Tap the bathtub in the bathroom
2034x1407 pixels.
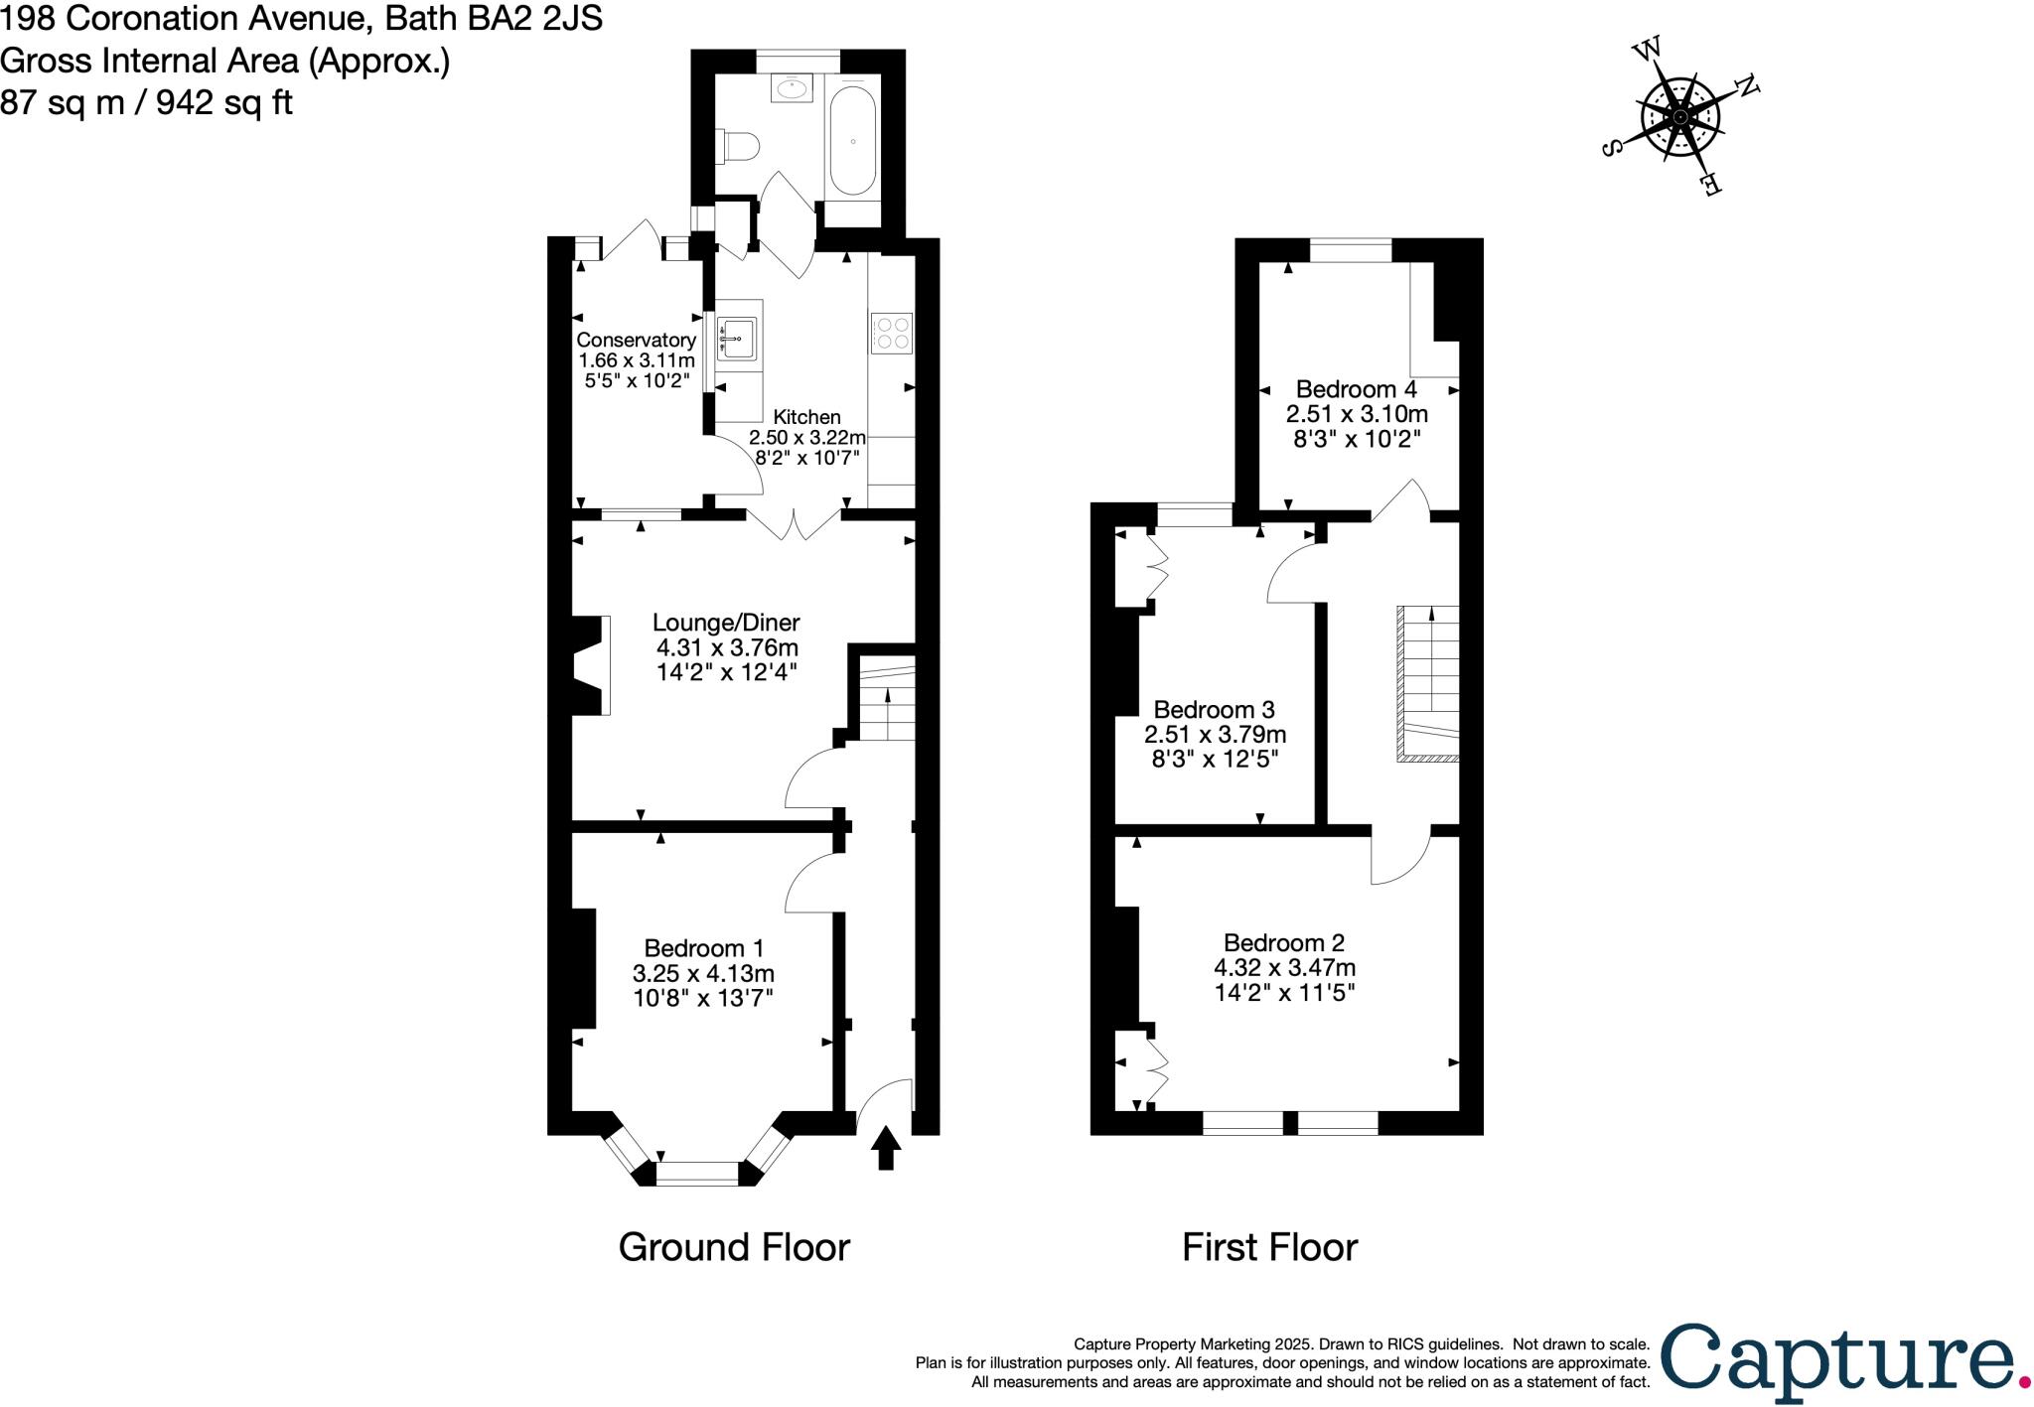[x=853, y=142]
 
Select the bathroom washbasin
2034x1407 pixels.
[x=793, y=87]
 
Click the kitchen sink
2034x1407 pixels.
[x=737, y=339]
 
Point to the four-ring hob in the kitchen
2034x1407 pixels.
[x=891, y=333]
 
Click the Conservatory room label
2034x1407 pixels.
[x=636, y=341]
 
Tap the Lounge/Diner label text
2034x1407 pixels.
[x=726, y=623]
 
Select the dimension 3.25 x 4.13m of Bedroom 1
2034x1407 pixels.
[x=703, y=973]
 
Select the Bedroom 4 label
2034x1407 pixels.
[x=1356, y=389]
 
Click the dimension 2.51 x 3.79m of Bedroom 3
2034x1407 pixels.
[x=1215, y=735]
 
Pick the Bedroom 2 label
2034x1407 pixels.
[x=1283, y=942]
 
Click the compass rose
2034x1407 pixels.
[x=1680, y=117]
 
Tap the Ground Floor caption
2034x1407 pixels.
[x=734, y=1247]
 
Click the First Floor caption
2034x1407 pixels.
[x=1269, y=1247]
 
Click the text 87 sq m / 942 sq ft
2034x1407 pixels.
[x=147, y=102]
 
